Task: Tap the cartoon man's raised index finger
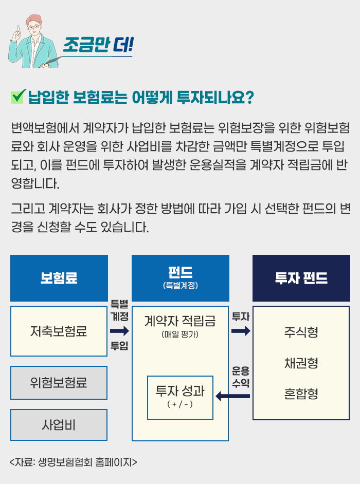(x=18, y=30)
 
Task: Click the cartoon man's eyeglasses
(x=34, y=27)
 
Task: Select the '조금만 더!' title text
(x=98, y=45)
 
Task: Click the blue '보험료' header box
(x=59, y=278)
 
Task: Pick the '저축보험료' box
(x=59, y=331)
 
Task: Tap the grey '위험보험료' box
(x=59, y=383)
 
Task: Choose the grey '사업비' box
(x=59, y=425)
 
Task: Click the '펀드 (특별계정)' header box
(x=181, y=278)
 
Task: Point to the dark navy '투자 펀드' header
(x=301, y=278)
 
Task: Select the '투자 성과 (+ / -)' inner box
(x=180, y=398)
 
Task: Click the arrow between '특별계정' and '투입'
(x=119, y=331)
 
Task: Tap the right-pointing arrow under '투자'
(x=241, y=331)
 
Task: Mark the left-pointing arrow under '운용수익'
(x=232, y=396)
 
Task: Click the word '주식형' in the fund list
(x=301, y=332)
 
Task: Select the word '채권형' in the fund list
(x=301, y=363)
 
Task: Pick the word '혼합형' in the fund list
(x=301, y=394)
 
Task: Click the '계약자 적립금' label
(x=180, y=321)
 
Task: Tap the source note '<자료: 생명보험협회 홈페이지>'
(x=73, y=462)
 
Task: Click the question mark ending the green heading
(x=249, y=98)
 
